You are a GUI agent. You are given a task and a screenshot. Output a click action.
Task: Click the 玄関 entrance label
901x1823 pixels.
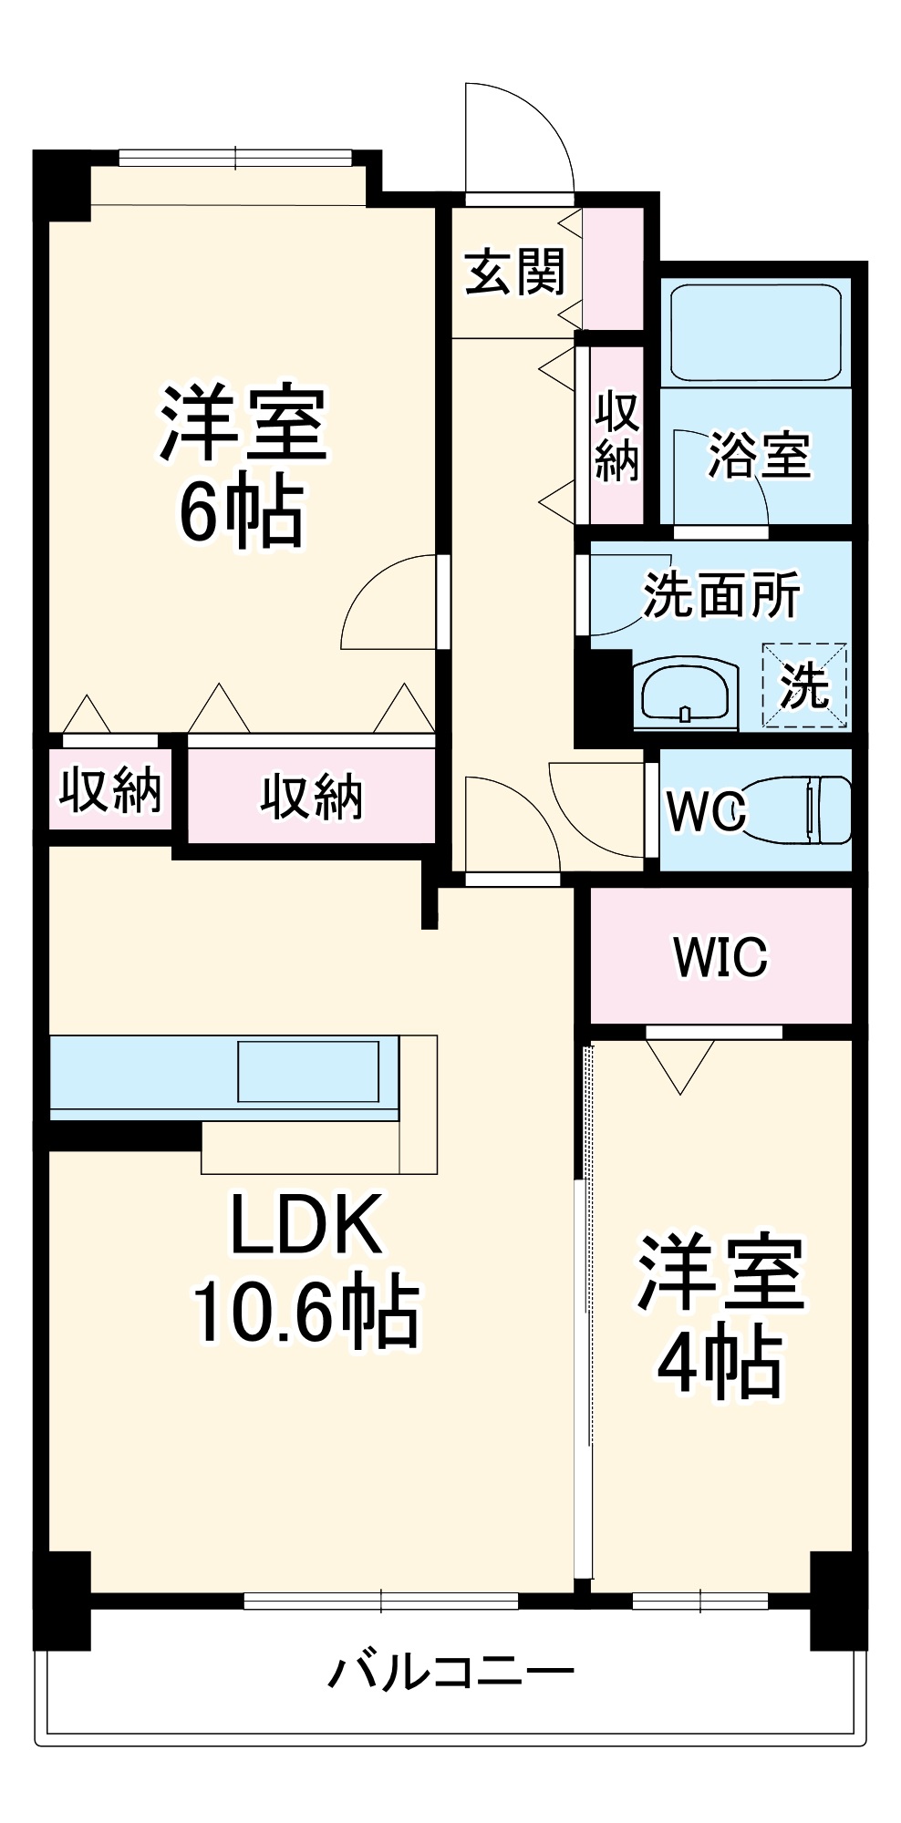pyautogui.click(x=515, y=272)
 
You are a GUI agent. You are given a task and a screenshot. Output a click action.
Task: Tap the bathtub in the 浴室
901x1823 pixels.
pyautogui.click(x=755, y=332)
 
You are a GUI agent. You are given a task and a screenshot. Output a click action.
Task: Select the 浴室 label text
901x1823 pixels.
pyautogui.click(x=759, y=455)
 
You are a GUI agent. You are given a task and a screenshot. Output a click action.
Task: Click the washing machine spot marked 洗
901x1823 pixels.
pyautogui.click(x=804, y=685)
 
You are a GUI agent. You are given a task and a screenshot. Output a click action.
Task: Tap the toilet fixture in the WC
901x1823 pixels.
pyautogui.click(x=803, y=809)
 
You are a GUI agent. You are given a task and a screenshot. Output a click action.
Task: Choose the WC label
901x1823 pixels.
pyautogui.click(x=706, y=810)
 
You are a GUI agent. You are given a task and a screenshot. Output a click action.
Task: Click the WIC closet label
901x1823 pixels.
pyautogui.click(x=720, y=956)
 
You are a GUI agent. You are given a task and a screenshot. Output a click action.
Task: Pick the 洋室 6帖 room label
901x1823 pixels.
pyautogui.click(x=243, y=467)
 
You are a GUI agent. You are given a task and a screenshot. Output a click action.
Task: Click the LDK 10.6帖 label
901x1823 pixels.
pyautogui.click(x=306, y=1269)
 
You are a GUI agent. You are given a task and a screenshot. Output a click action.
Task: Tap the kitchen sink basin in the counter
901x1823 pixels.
pyautogui.click(x=308, y=1072)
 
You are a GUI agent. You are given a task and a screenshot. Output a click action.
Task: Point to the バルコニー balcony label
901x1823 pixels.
pyautogui.click(x=451, y=1672)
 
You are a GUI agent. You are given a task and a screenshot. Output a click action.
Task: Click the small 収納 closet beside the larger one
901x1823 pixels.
pyautogui.click(x=110, y=789)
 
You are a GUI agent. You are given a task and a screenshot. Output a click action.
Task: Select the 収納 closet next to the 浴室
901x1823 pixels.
pyautogui.click(x=616, y=437)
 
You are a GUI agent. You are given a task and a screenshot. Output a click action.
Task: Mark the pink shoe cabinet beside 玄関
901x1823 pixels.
pyautogui.click(x=613, y=270)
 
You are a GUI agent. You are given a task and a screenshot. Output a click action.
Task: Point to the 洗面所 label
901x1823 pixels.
pyautogui.click(x=721, y=595)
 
